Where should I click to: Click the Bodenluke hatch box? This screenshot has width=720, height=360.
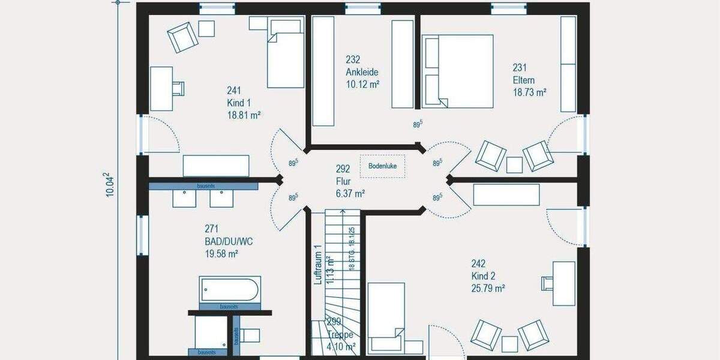tap(382, 166)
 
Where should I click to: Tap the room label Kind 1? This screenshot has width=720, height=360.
tap(236, 102)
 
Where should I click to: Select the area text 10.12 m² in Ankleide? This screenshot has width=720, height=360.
tap(362, 84)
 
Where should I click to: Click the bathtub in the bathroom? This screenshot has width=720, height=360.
tap(230, 290)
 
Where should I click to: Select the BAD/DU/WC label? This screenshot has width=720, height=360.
tap(228, 241)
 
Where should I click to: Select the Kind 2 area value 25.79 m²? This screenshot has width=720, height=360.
tap(487, 288)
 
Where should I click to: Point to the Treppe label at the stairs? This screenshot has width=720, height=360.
tap(340, 335)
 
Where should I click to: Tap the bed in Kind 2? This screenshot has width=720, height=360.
tap(386, 318)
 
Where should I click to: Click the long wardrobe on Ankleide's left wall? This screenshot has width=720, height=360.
tap(323, 71)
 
